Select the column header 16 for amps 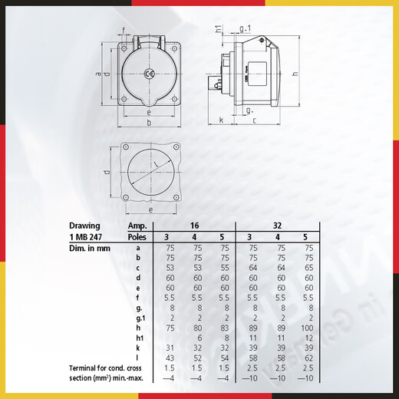point(195,226)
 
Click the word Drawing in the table point(85,226)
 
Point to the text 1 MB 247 point(86,236)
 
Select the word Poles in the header point(137,236)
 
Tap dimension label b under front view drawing point(150,123)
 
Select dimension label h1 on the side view point(218,29)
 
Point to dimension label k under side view point(221,120)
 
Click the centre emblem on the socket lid point(150,74)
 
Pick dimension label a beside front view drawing point(98,74)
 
